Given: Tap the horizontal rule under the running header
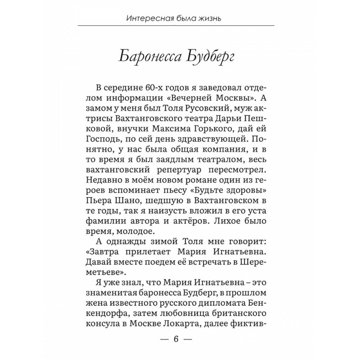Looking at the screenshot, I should [176, 25].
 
